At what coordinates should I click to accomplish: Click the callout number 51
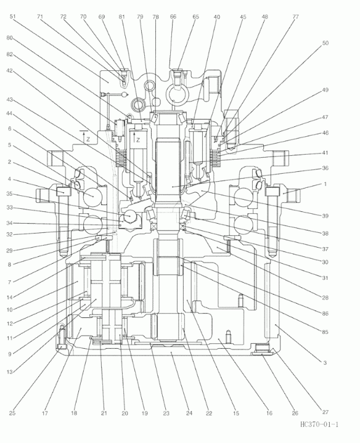pyautogui.click(x=12, y=17)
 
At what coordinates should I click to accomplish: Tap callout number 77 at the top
pyautogui.click(x=295, y=17)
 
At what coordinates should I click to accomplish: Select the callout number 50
pyautogui.click(x=325, y=43)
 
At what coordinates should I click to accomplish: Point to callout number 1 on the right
pyautogui.click(x=325, y=184)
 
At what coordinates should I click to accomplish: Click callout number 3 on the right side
pyautogui.click(x=325, y=362)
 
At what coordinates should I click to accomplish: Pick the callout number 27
pyautogui.click(x=325, y=412)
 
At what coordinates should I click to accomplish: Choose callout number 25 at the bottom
pyautogui.click(x=12, y=413)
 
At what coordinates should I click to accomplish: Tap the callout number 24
pyautogui.click(x=189, y=413)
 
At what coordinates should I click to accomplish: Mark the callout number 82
pyautogui.click(x=10, y=54)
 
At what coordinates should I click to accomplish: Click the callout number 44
pyautogui.click(x=10, y=113)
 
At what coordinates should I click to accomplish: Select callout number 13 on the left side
pyautogui.click(x=10, y=372)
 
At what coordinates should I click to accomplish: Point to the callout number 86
pyautogui.click(x=325, y=314)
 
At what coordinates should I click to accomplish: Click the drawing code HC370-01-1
pyautogui.click(x=319, y=425)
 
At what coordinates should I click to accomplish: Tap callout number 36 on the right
pyautogui.click(x=325, y=168)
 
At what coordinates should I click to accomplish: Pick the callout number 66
pyautogui.click(x=173, y=17)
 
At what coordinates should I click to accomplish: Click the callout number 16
pyautogui.click(x=269, y=413)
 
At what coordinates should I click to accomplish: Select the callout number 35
pyautogui.click(x=10, y=194)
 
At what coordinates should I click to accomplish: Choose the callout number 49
pyautogui.click(x=325, y=90)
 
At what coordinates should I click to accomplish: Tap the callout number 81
pyautogui.click(x=121, y=17)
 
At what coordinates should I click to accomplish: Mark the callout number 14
pyautogui.click(x=10, y=297)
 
